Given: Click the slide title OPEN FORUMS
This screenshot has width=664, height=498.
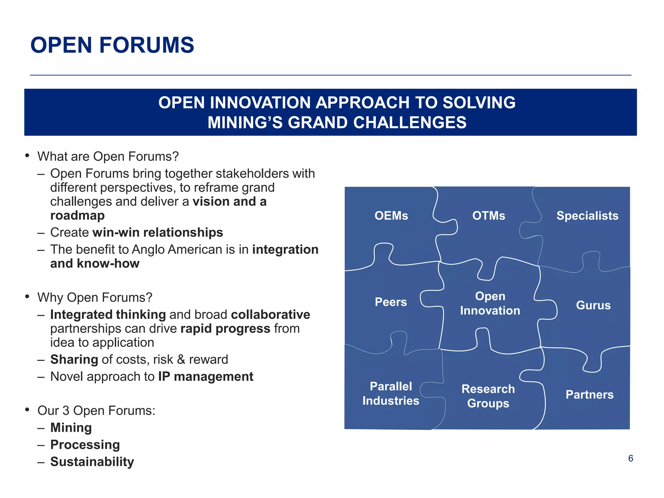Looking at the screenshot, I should click(112, 45).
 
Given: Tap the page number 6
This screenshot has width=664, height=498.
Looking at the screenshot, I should click(630, 458).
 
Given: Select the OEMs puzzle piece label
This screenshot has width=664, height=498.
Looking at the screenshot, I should click(391, 216).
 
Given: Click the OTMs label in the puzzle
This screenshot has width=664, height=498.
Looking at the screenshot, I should click(489, 216).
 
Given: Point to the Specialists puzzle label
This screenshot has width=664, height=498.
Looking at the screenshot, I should click(587, 216).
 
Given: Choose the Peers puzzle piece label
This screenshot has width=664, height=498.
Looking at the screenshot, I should click(391, 302).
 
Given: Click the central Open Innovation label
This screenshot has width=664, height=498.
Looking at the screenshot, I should click(490, 303).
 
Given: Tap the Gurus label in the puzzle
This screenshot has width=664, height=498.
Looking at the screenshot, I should click(593, 305).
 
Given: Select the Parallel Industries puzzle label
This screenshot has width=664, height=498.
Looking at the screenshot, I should click(391, 393).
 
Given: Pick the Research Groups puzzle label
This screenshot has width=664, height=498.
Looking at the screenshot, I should click(488, 396).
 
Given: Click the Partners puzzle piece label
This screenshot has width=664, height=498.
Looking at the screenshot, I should click(589, 395).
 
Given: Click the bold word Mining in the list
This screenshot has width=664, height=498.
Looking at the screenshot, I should click(71, 427).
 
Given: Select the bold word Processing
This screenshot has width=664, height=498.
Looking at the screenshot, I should click(85, 445).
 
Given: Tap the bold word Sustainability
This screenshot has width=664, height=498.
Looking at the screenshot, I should click(92, 462).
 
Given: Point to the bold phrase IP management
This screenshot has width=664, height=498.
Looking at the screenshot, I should click(206, 376).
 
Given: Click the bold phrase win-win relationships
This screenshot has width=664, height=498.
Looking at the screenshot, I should click(158, 232).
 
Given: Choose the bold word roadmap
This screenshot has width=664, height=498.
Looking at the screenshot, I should click(77, 215).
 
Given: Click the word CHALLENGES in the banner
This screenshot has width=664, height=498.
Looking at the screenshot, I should click(409, 123).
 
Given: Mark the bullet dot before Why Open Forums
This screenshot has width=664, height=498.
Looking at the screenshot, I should click(28, 297).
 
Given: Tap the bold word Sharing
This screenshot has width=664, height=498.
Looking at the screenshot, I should click(74, 359).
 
